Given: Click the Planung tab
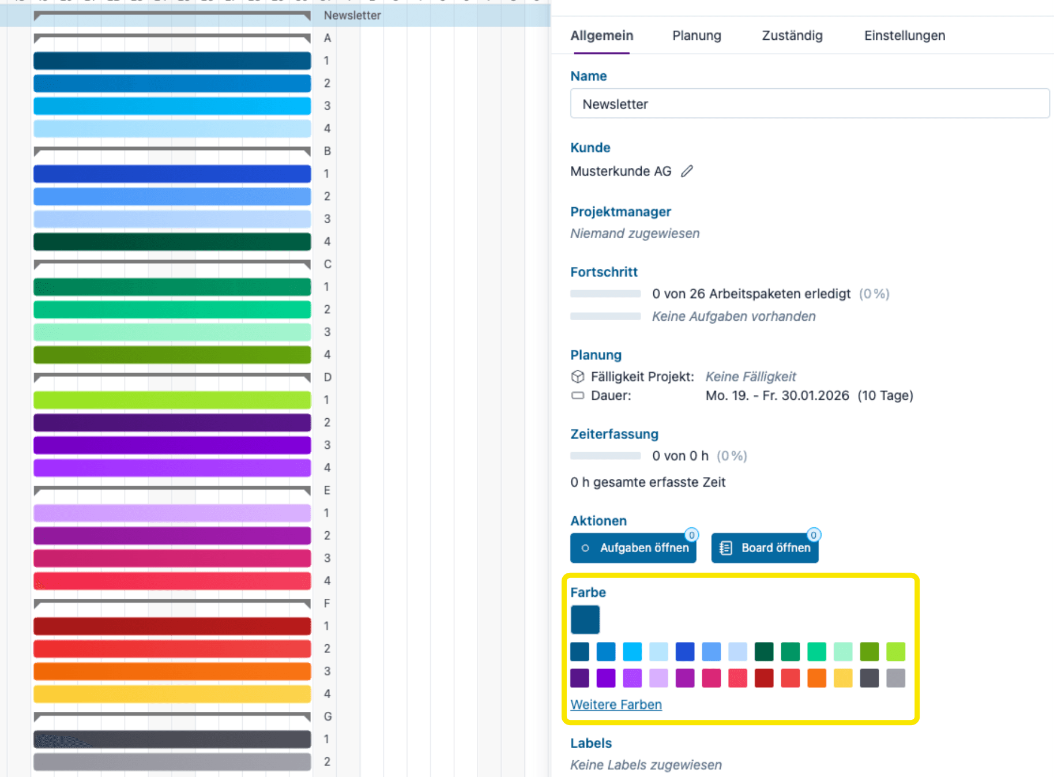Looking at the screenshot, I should point(697,36).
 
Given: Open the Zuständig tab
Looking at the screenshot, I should point(792,36).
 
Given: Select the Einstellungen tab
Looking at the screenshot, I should point(904,36).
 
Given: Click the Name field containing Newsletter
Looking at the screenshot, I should point(810,104).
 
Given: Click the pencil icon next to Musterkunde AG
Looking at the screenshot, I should point(687,171).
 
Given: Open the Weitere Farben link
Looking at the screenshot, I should point(616,704).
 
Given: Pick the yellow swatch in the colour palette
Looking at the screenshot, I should point(843,678).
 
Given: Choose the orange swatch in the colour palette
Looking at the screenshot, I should point(816,678).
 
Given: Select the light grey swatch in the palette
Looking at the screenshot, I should point(895,678).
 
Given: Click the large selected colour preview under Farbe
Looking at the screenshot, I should point(585,620).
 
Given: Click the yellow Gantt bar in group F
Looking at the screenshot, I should point(172,694).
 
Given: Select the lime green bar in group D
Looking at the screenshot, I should point(172,400).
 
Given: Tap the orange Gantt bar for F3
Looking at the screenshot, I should point(172,671).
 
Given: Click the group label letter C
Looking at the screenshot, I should point(328,264).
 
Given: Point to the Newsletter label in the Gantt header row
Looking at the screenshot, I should point(352,16).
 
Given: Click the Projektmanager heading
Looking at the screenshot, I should point(620,212).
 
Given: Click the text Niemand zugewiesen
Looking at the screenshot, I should point(635,234).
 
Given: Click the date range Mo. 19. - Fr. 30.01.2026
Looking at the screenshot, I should point(777,396).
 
